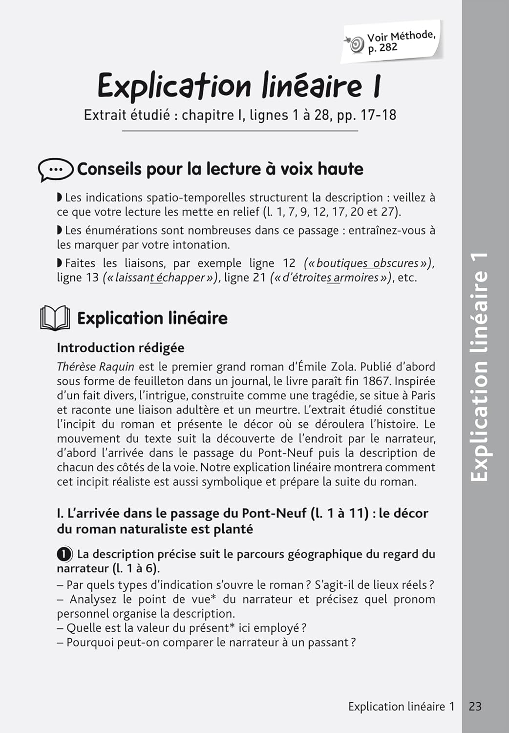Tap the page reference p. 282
point(382,48)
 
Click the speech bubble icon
point(55,169)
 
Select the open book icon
point(55,318)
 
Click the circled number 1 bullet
point(64,554)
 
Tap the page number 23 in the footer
point(475,707)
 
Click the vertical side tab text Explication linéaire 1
point(478,366)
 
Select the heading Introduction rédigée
point(120,348)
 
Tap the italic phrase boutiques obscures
point(367,263)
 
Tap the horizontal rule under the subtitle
point(240,130)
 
